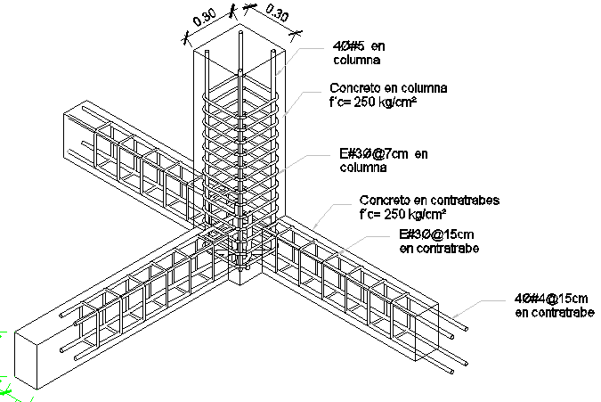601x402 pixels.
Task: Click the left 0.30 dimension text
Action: coord(205,20)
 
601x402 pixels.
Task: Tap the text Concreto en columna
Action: coord(387,89)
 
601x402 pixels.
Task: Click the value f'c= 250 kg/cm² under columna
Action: coord(375,103)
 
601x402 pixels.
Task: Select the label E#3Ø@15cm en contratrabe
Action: coord(438,242)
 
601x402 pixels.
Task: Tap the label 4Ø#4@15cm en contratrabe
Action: coord(553,304)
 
